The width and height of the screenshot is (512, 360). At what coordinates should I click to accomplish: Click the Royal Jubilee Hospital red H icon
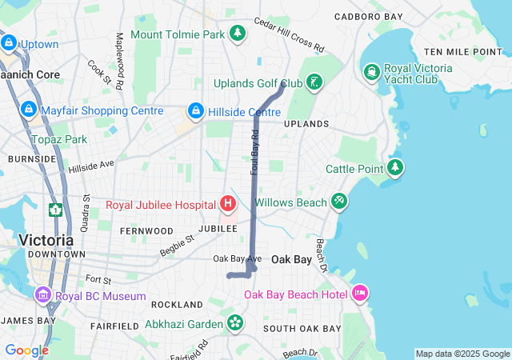(228, 204)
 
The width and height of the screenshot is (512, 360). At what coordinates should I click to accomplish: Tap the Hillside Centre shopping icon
(195, 110)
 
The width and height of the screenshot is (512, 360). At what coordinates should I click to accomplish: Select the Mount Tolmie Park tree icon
(237, 33)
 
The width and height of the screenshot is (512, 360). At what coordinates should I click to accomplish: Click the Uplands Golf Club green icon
(315, 82)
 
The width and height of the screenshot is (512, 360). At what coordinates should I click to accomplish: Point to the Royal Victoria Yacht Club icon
(372, 73)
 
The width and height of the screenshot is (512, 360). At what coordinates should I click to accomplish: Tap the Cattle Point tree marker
(395, 168)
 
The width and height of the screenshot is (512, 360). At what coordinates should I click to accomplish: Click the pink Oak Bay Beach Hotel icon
(359, 294)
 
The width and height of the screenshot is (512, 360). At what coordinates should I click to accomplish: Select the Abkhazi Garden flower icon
(235, 323)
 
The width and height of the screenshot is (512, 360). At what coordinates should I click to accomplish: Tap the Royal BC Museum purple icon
(42, 295)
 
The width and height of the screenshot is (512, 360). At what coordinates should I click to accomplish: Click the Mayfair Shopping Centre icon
(29, 110)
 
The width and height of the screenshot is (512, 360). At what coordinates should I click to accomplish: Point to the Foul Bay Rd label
(255, 153)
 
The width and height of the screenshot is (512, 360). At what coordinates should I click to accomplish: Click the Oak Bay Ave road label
(238, 259)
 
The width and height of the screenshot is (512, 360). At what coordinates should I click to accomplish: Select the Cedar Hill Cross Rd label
(289, 35)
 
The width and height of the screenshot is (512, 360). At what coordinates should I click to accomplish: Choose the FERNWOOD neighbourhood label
(146, 230)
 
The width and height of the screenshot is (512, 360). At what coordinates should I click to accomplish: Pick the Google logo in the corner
(26, 350)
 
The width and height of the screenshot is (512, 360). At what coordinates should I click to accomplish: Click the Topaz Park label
(58, 139)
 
